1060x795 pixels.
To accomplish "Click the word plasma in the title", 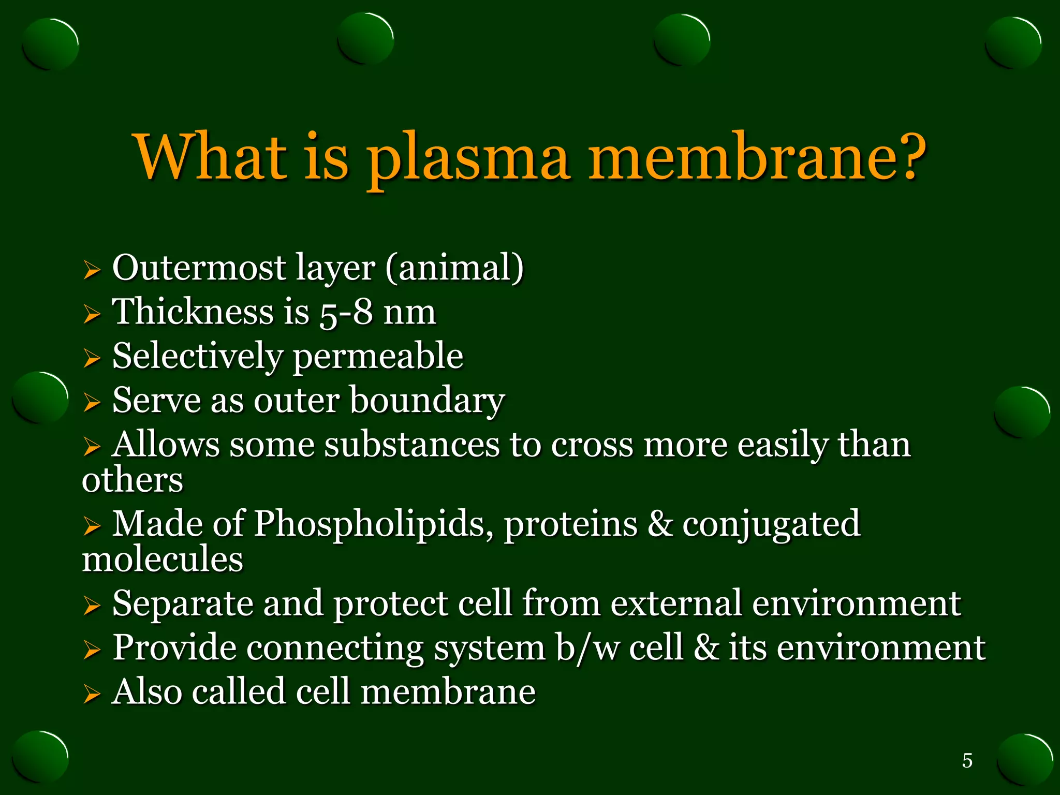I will tap(468, 158).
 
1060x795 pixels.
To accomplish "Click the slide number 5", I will tap(967, 760).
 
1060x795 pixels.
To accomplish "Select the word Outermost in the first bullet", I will tap(199, 268).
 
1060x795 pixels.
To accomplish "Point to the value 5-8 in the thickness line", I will tap(346, 313).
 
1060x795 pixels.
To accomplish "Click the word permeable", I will tap(378, 357).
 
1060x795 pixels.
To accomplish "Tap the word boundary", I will tap(427, 401).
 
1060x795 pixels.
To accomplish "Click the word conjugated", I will tap(771, 524).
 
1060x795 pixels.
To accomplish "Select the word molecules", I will tap(163, 559).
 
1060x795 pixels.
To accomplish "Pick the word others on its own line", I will tap(132, 479).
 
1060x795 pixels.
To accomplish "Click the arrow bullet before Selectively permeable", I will tap(92, 358).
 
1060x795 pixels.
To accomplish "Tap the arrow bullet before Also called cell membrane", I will tap(92, 694).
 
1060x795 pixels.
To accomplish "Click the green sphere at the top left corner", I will tap(51, 44).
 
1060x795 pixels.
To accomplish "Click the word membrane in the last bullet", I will tap(448, 693).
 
